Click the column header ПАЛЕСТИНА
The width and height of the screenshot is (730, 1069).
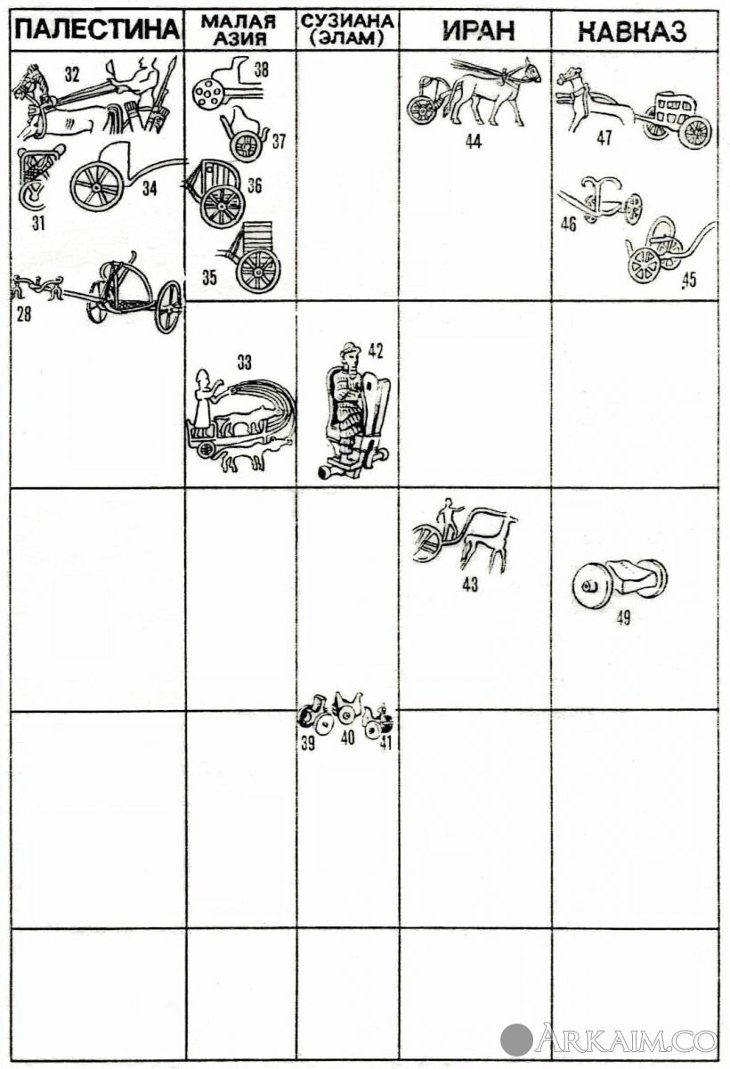(x=97, y=30)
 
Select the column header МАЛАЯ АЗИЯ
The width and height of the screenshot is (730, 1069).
(x=239, y=29)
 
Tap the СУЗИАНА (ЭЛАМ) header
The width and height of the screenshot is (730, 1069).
(x=347, y=30)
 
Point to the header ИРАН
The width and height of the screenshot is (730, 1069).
(x=478, y=30)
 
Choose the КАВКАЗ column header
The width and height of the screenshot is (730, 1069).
(x=632, y=31)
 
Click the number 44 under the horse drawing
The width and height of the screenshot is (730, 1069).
(x=473, y=142)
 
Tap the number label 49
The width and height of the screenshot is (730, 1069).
(x=622, y=618)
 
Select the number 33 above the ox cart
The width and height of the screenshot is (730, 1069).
(x=245, y=363)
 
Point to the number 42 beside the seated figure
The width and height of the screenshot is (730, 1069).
(x=376, y=351)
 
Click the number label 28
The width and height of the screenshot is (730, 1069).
(x=24, y=315)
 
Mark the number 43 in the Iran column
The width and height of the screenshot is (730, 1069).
(x=470, y=584)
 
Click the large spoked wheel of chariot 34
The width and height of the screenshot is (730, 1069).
(x=97, y=186)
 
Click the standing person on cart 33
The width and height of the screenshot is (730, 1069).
(x=204, y=398)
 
